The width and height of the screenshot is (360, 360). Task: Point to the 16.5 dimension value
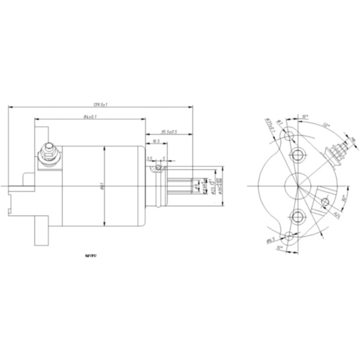coord(155,142)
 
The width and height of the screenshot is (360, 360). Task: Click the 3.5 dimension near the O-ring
coord(150,159)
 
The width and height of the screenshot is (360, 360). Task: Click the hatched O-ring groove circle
coord(158,169)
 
